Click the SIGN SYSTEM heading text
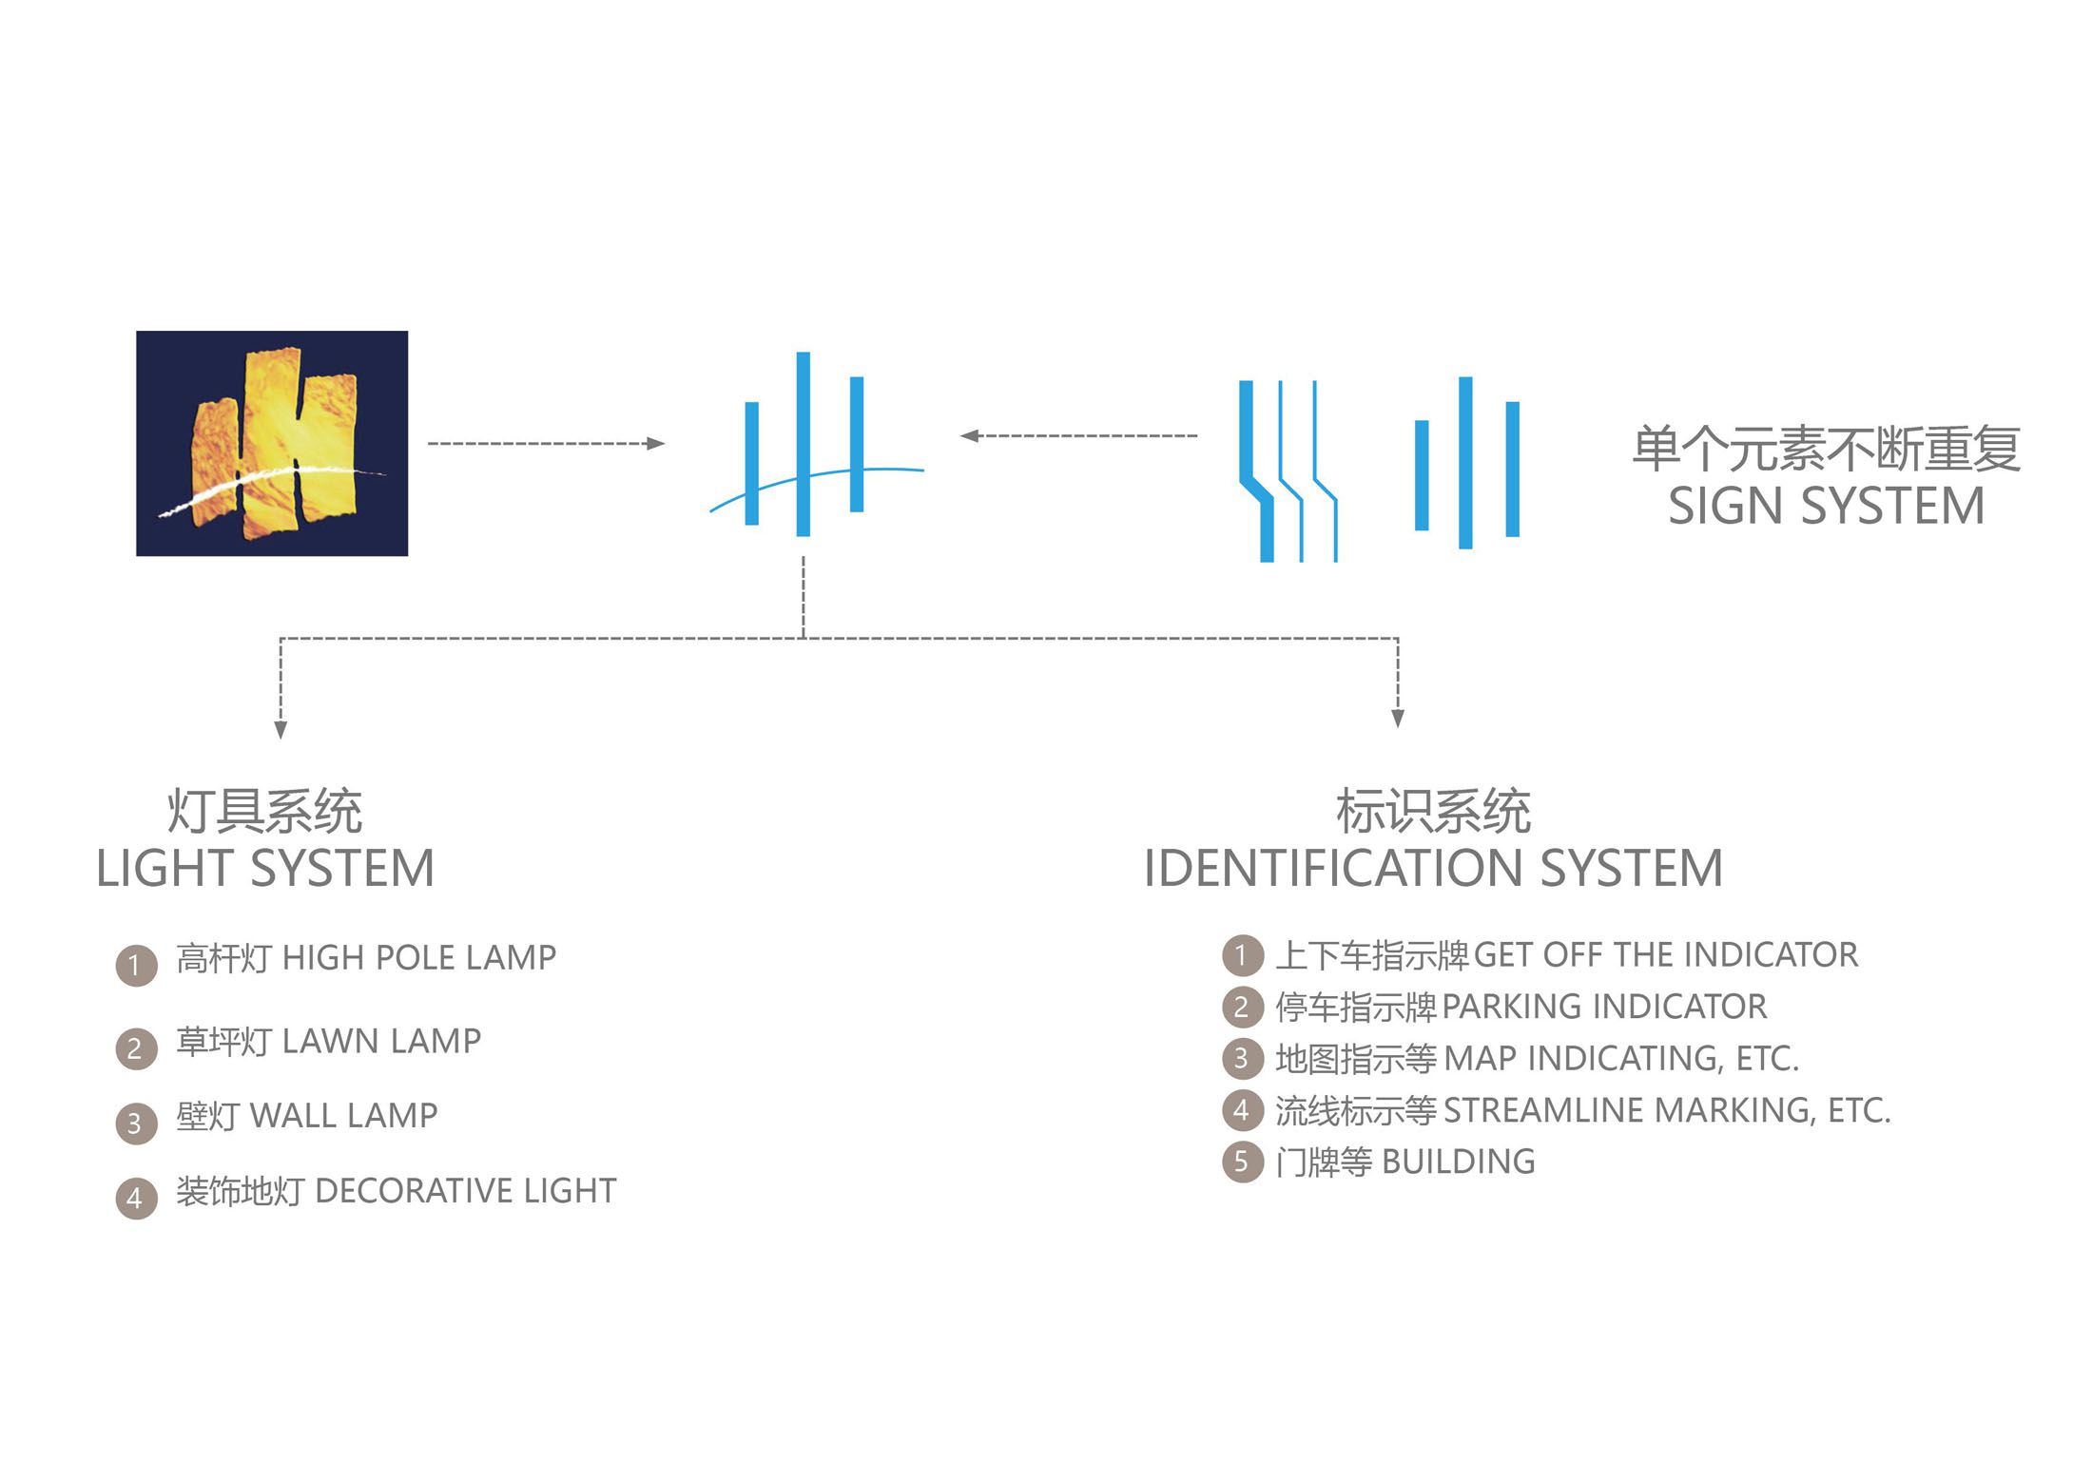point(1827,506)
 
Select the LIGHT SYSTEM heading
point(265,869)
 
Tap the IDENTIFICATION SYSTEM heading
point(1433,869)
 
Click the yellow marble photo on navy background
point(272,443)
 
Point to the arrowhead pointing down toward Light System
point(280,729)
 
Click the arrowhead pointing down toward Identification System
point(1398,719)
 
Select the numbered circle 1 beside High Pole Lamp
point(136,966)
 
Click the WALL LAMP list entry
point(306,1116)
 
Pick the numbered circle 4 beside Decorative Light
point(136,1199)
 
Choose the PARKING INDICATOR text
point(1604,1007)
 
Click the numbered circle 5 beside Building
point(1243,1162)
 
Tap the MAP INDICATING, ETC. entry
point(1621,1059)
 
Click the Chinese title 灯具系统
point(264,811)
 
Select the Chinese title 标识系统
point(1433,811)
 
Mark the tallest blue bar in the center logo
point(804,444)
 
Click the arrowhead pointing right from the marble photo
point(655,443)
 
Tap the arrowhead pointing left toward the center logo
point(970,435)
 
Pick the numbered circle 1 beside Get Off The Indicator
point(1243,955)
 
